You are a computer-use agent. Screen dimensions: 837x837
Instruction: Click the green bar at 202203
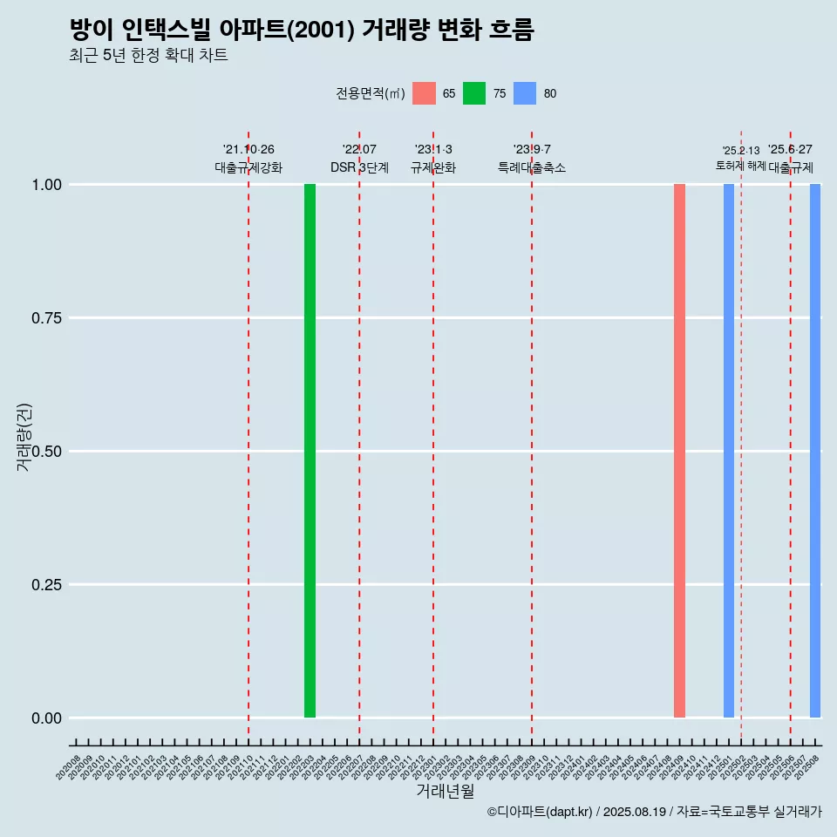[310, 451]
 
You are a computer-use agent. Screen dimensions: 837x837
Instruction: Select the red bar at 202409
[679, 451]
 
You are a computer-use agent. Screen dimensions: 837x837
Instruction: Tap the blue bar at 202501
[729, 451]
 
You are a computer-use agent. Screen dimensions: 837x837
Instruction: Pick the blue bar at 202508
[815, 451]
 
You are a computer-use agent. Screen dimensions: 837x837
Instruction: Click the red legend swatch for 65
[424, 93]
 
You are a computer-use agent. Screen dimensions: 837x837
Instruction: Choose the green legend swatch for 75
[474, 93]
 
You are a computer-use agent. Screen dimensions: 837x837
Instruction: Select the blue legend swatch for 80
[525, 93]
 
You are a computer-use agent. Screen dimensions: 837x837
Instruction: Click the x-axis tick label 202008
[69, 767]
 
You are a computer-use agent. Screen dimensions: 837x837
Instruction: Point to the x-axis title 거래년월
[446, 792]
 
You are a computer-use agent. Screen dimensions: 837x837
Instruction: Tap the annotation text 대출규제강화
[248, 167]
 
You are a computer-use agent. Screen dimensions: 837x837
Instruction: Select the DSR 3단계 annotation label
[359, 167]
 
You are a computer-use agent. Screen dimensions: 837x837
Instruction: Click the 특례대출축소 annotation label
[532, 167]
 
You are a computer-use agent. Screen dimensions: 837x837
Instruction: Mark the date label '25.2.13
[741, 151]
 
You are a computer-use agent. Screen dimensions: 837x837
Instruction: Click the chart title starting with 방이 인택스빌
[302, 30]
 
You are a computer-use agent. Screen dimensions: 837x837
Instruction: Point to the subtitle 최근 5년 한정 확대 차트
[148, 56]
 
